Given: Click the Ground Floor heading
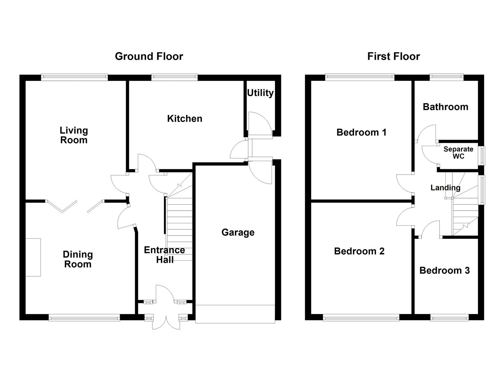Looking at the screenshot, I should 149,56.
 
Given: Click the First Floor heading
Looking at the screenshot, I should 393,56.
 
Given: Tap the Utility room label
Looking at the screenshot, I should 260,93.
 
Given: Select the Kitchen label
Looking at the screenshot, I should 185,119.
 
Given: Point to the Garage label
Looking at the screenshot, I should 238,232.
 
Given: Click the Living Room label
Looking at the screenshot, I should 74,135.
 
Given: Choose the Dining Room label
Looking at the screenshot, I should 78,259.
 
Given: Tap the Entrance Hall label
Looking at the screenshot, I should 164,255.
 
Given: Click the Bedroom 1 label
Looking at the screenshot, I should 361,132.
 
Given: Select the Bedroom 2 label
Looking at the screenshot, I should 359,251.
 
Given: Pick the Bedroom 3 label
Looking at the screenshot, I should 444,270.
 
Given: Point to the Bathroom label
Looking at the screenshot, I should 445,107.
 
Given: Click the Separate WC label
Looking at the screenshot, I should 458,153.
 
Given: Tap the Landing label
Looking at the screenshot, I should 445,188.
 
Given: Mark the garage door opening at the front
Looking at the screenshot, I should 235,314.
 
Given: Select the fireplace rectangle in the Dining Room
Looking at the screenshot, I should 33,257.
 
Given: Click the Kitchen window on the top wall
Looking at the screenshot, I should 174,77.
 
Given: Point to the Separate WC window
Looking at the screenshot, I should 482,156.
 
